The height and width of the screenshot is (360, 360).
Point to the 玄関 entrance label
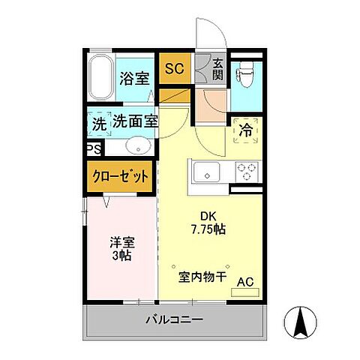pos(217,69)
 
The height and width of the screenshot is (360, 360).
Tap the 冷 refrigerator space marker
pos(244,130)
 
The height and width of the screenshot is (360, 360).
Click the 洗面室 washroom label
pos(134,121)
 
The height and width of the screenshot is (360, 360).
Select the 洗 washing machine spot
pos(98,121)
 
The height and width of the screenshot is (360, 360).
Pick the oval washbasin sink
pos(136,145)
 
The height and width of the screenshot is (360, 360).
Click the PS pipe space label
pos(94,148)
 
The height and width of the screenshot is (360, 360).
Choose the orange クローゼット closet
pos(120,178)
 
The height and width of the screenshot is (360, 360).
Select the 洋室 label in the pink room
pos(121,242)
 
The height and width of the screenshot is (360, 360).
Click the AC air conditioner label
pos(244,282)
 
